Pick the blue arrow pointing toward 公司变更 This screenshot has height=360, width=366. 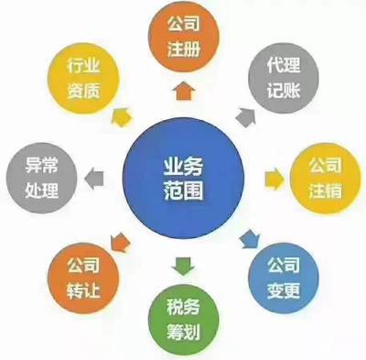tap(247, 237)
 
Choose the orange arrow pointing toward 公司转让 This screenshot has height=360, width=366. tap(120, 242)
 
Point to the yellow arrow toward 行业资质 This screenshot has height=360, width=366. tap(119, 115)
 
